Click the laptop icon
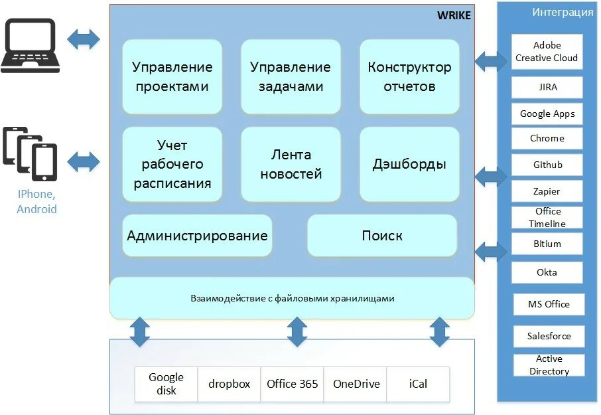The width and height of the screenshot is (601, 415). coord(30,44)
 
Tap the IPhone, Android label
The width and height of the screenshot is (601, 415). coord(36,202)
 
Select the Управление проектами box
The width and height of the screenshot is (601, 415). coord(172,76)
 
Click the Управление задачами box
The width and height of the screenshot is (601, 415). coord(291,76)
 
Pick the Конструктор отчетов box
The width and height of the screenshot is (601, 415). coord(409,76)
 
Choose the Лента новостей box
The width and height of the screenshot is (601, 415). coord(291,164)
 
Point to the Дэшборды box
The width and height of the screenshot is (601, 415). coord(409,164)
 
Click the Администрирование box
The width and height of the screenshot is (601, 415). coord(197,236)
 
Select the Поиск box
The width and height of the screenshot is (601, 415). coord(382,236)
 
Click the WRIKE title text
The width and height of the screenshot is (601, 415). coord(454,15)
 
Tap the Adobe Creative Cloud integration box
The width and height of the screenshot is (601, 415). coord(547,52)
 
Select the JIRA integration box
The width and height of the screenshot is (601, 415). coord(547,87)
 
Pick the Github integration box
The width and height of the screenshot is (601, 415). coord(547,165)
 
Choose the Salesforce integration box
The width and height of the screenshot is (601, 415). coord(549,336)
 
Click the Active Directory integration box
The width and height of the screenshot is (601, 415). coord(549,365)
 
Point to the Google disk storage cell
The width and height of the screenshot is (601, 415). coord(166,384)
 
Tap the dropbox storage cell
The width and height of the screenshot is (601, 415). coord(230,384)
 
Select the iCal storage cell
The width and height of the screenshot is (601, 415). coord(418,384)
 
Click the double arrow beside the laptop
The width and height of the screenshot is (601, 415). coord(84,39)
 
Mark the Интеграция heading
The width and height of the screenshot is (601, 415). coord(563,12)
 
